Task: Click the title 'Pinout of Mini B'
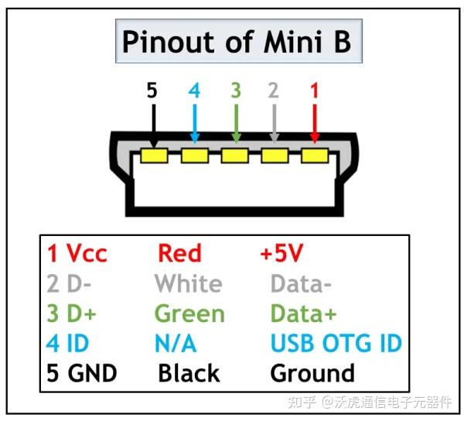pos(237,41)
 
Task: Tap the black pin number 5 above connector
pos(152,91)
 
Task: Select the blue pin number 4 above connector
pos(194,91)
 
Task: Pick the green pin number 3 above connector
pos(235,91)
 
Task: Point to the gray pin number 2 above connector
pos(273,91)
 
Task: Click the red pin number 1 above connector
pos(314,91)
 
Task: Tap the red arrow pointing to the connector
pos(314,122)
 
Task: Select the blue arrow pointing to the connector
pos(194,122)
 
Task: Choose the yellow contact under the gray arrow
pos(275,156)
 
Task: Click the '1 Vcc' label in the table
pos(77,253)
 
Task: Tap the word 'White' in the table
pos(188,283)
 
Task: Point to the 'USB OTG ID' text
pos(336,343)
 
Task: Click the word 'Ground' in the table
pos(312,373)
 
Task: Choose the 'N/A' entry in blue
pos(176,343)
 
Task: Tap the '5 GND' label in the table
pos(81,373)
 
